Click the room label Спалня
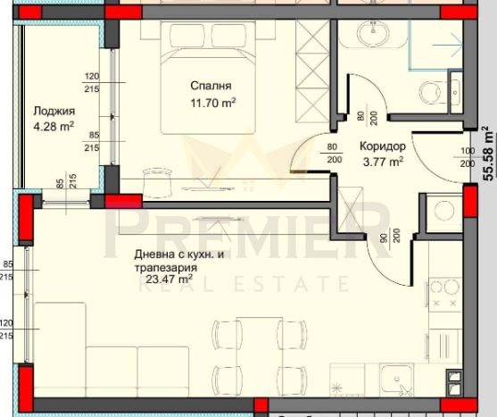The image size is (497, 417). tap(211, 87)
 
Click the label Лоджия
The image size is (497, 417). tap(54, 112)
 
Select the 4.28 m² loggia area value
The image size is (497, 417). tap(54, 127)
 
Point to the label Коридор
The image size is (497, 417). tap(383, 146)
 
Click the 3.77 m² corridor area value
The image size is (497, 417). tap(383, 162)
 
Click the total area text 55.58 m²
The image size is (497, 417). tap(487, 153)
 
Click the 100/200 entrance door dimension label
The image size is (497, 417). tap(467, 158)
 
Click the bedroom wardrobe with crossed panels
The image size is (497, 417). tap(312, 71)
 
